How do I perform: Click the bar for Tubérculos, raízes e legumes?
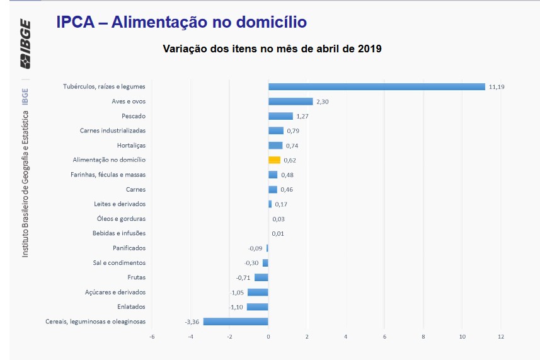(x=376, y=87)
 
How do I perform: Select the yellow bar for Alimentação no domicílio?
(x=274, y=160)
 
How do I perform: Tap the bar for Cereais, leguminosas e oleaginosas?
(x=236, y=322)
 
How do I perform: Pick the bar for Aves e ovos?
(x=290, y=102)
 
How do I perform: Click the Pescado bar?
(x=280, y=116)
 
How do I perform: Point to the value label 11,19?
(x=497, y=87)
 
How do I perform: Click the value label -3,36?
(x=192, y=322)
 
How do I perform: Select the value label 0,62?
(x=290, y=160)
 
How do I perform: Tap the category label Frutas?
(x=136, y=277)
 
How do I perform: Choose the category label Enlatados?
(x=131, y=307)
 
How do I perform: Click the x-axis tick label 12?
(x=501, y=336)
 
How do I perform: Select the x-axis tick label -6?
(x=151, y=336)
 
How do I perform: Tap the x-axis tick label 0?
(x=268, y=336)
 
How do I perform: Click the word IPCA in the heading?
(x=76, y=23)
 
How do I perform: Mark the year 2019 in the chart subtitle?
(x=368, y=49)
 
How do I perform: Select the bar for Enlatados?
(x=257, y=307)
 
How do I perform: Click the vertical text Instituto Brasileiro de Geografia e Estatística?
(x=26, y=183)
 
